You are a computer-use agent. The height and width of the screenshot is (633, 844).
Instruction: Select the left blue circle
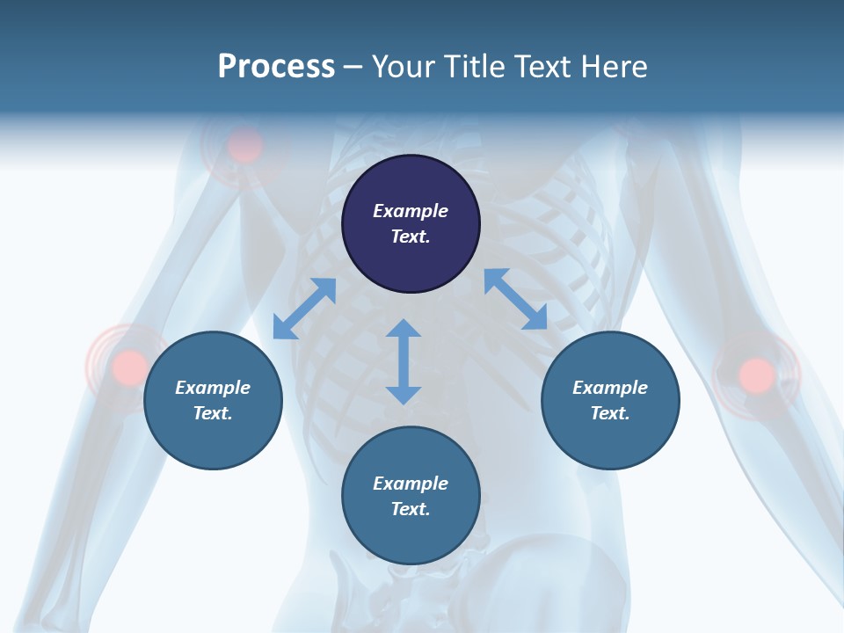213,400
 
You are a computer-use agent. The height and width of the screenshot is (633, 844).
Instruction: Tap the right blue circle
610,400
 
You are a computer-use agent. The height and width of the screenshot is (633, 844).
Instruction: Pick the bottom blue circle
411,496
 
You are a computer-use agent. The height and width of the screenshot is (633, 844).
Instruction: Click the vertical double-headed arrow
404,361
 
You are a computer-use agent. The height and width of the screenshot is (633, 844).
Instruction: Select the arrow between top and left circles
304,309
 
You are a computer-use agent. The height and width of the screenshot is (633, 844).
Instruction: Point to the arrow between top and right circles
515,299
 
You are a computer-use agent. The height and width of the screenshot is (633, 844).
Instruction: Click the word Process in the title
276,66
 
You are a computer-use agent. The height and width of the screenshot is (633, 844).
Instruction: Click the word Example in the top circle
411,211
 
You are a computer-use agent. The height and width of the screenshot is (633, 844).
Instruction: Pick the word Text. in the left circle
213,413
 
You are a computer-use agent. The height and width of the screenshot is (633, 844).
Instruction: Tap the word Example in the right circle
610,388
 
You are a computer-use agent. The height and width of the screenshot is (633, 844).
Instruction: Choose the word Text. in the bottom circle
411,509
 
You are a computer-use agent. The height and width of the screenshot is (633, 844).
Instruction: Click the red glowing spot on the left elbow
129,366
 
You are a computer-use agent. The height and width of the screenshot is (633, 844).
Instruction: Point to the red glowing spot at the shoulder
245,145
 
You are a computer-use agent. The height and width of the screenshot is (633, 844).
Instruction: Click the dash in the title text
353,67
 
